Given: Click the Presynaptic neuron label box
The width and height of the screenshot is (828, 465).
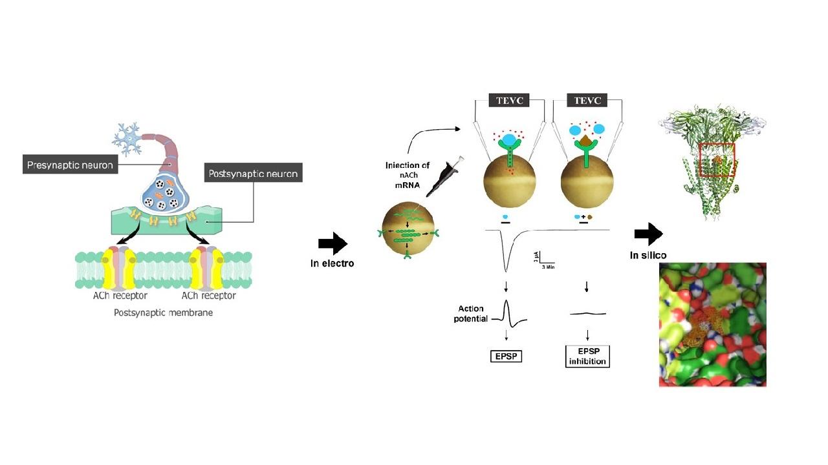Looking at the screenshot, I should pos(71,165).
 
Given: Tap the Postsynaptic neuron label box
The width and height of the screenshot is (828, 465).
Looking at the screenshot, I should pos(254,174).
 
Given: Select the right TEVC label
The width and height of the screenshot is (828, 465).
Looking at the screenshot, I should pos(587,101).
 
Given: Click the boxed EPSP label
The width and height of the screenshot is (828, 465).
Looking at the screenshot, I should pos(506,356).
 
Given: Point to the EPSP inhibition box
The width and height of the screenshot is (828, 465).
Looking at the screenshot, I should pos(587,356).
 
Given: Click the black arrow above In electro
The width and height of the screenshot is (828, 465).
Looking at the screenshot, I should pos(333,243).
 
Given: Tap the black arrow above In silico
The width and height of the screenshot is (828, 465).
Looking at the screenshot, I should pos(648,234).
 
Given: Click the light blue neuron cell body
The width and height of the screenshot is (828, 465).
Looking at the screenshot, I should pos(125,138).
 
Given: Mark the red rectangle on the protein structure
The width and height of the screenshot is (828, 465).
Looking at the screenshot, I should pos(717,160).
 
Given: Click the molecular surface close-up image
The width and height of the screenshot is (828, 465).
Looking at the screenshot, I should pos(712,324).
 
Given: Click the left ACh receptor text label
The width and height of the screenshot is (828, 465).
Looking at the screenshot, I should pos(120,296).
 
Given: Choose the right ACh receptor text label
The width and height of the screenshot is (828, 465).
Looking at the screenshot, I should pos(208,296).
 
